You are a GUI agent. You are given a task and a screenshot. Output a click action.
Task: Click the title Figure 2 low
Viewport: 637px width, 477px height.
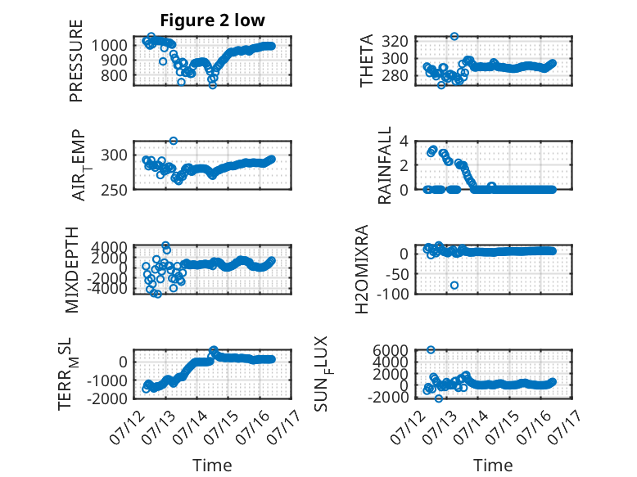point(212,20)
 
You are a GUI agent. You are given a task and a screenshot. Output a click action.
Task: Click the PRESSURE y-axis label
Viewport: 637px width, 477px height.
point(76,61)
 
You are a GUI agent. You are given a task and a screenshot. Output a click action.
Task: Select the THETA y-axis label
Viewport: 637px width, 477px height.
point(367,61)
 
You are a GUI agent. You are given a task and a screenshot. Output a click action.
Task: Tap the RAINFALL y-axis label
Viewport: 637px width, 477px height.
point(384,165)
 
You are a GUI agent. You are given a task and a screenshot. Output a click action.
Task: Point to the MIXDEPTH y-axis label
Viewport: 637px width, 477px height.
point(72,270)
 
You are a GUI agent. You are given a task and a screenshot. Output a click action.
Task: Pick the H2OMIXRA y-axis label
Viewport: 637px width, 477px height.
point(362,269)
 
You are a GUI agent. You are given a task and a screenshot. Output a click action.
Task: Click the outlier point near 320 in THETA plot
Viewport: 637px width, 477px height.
point(454,37)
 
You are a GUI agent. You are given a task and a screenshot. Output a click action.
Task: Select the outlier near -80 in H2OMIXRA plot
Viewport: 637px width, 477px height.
point(454,286)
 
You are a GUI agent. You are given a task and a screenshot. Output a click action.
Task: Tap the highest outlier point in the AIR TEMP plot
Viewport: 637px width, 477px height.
point(174,141)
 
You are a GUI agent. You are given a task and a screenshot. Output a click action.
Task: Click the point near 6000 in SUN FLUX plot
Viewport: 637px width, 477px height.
point(431,350)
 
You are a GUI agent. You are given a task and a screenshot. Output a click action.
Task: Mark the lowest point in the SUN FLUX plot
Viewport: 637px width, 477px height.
point(438,398)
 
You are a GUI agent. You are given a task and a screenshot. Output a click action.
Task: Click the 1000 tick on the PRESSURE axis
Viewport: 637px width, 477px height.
point(109,45)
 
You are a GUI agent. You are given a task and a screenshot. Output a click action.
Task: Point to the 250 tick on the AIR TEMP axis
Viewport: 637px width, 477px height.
point(114,190)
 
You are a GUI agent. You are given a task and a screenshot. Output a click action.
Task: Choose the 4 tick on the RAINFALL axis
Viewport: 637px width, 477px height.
point(404,142)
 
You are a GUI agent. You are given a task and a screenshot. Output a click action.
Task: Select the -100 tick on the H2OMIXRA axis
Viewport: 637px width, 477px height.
point(392,294)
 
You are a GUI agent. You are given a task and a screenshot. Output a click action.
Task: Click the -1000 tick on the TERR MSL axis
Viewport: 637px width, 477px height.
point(106,380)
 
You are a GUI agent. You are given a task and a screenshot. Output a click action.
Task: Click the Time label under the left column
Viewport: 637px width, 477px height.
point(212,466)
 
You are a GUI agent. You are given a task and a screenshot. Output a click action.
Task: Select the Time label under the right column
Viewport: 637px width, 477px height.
point(493,466)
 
